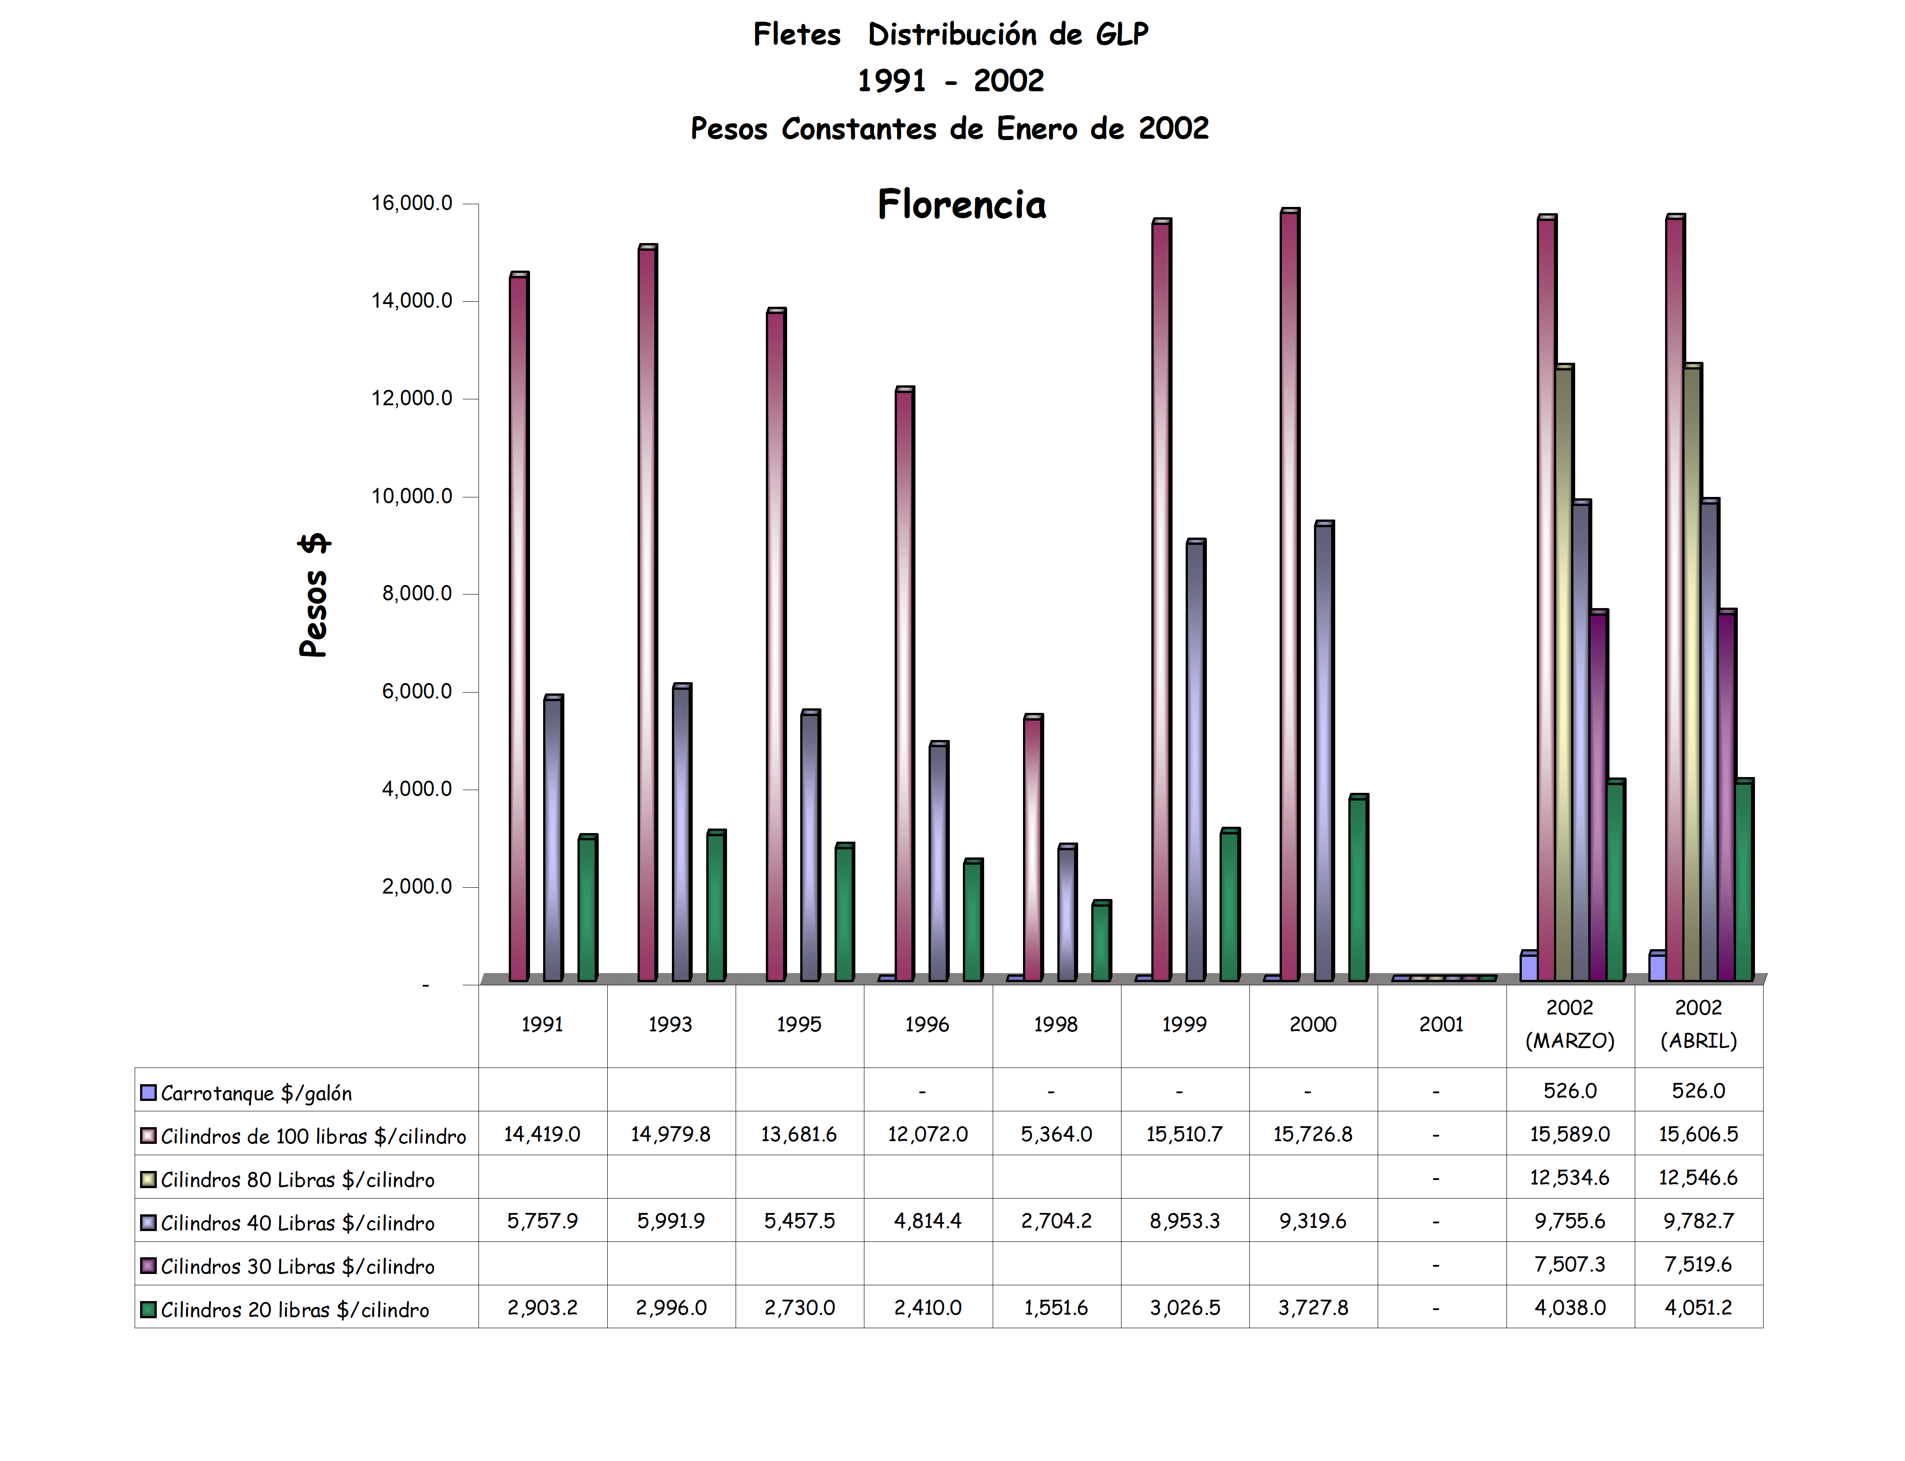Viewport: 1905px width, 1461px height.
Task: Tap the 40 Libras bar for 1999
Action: click(1195, 761)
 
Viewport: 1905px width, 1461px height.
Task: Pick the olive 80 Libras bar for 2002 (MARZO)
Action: click(1563, 674)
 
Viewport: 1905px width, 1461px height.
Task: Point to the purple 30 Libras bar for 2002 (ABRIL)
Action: click(1727, 796)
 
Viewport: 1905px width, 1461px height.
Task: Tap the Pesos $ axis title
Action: click(313, 596)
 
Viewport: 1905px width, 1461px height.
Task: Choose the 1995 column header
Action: click(798, 1025)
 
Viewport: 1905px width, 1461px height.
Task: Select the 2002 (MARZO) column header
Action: click(1569, 1025)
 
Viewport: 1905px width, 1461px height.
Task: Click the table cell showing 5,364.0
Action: click(1056, 1134)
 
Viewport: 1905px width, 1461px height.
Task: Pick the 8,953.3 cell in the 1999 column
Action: click(1185, 1221)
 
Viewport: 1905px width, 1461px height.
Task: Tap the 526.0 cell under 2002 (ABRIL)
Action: click(1698, 1091)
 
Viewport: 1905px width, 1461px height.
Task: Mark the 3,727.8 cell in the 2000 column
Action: click(1313, 1308)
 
